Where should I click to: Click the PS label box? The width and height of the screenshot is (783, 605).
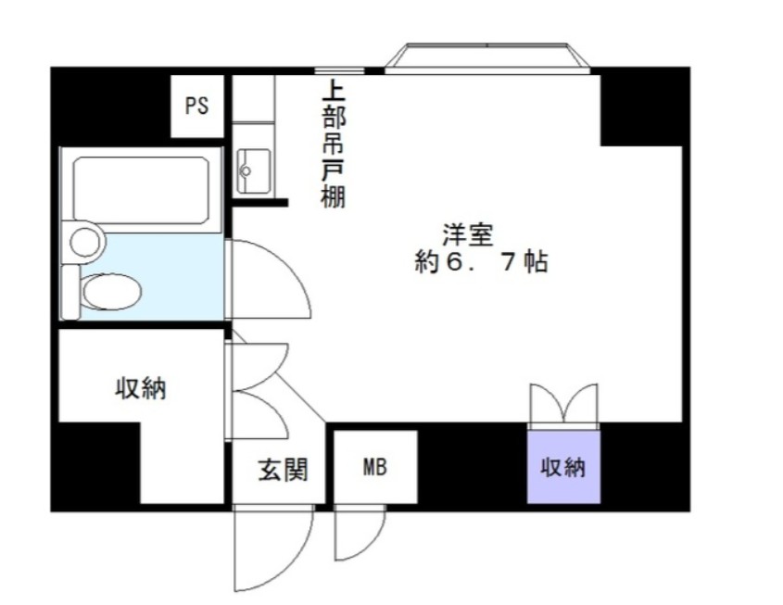pyautogui.click(x=196, y=106)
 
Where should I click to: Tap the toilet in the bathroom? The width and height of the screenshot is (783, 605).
pyautogui.click(x=109, y=292)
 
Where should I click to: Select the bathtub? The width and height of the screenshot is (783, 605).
pyautogui.click(x=141, y=189)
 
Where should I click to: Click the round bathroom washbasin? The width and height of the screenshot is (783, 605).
pyautogui.click(x=86, y=243)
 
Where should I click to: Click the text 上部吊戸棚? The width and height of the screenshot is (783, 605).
pyautogui.click(x=332, y=145)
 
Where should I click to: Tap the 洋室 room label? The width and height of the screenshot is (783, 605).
pyautogui.click(x=466, y=235)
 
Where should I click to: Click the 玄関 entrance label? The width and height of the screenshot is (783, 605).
pyautogui.click(x=282, y=469)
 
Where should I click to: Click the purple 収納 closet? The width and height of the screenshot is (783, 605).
pyautogui.click(x=563, y=467)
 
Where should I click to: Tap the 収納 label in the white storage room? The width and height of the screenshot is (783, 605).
pyautogui.click(x=140, y=389)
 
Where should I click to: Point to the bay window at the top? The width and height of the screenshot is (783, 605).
pyautogui.click(x=488, y=57)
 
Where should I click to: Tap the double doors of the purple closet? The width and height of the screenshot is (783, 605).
pyautogui.click(x=563, y=406)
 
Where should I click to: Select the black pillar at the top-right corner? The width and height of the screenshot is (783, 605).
pyautogui.click(x=645, y=105)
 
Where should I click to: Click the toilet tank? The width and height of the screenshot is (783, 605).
pyautogui.click(x=70, y=291)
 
